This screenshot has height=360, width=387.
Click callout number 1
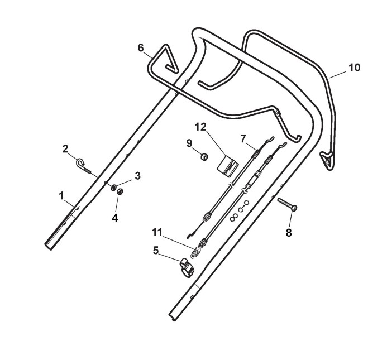[62, 196]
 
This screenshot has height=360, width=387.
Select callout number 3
[137, 175]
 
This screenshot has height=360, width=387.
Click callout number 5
[157, 251]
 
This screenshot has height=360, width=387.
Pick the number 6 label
[141, 47]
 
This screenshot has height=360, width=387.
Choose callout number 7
[243, 137]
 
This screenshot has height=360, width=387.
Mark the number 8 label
[289, 233]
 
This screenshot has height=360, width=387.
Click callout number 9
[190, 143]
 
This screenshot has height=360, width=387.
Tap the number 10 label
[354, 68]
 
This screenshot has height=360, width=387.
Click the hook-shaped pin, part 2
[83, 165]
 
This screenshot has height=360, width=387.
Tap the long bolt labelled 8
[286, 204]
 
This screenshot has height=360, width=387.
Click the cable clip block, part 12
[227, 165]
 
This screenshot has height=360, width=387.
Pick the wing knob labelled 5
[187, 267]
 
